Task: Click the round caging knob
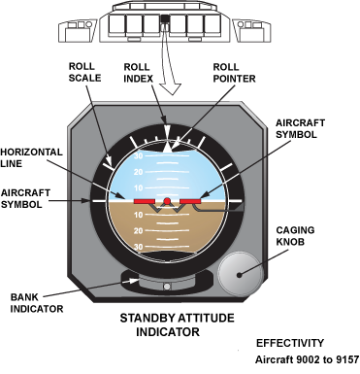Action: point(240,274)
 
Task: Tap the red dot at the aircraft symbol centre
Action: point(167,201)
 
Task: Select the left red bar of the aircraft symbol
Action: point(144,201)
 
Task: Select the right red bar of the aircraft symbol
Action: point(190,201)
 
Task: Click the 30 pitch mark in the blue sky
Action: point(139,156)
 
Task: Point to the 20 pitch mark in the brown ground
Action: point(139,230)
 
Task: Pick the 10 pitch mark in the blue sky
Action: point(139,187)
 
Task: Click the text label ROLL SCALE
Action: point(84,72)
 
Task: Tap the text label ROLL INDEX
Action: point(139,73)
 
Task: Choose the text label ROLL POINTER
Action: point(234,73)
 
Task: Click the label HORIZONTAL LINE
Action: point(31,157)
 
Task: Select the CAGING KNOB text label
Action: point(295,236)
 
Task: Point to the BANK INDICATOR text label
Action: point(37,303)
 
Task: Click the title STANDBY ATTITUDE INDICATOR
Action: point(177,324)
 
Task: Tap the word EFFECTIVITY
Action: point(290,343)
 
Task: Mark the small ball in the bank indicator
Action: point(167,287)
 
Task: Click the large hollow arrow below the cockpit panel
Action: point(170,60)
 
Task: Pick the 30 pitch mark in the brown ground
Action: point(139,247)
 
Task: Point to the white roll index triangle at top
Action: point(167,132)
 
